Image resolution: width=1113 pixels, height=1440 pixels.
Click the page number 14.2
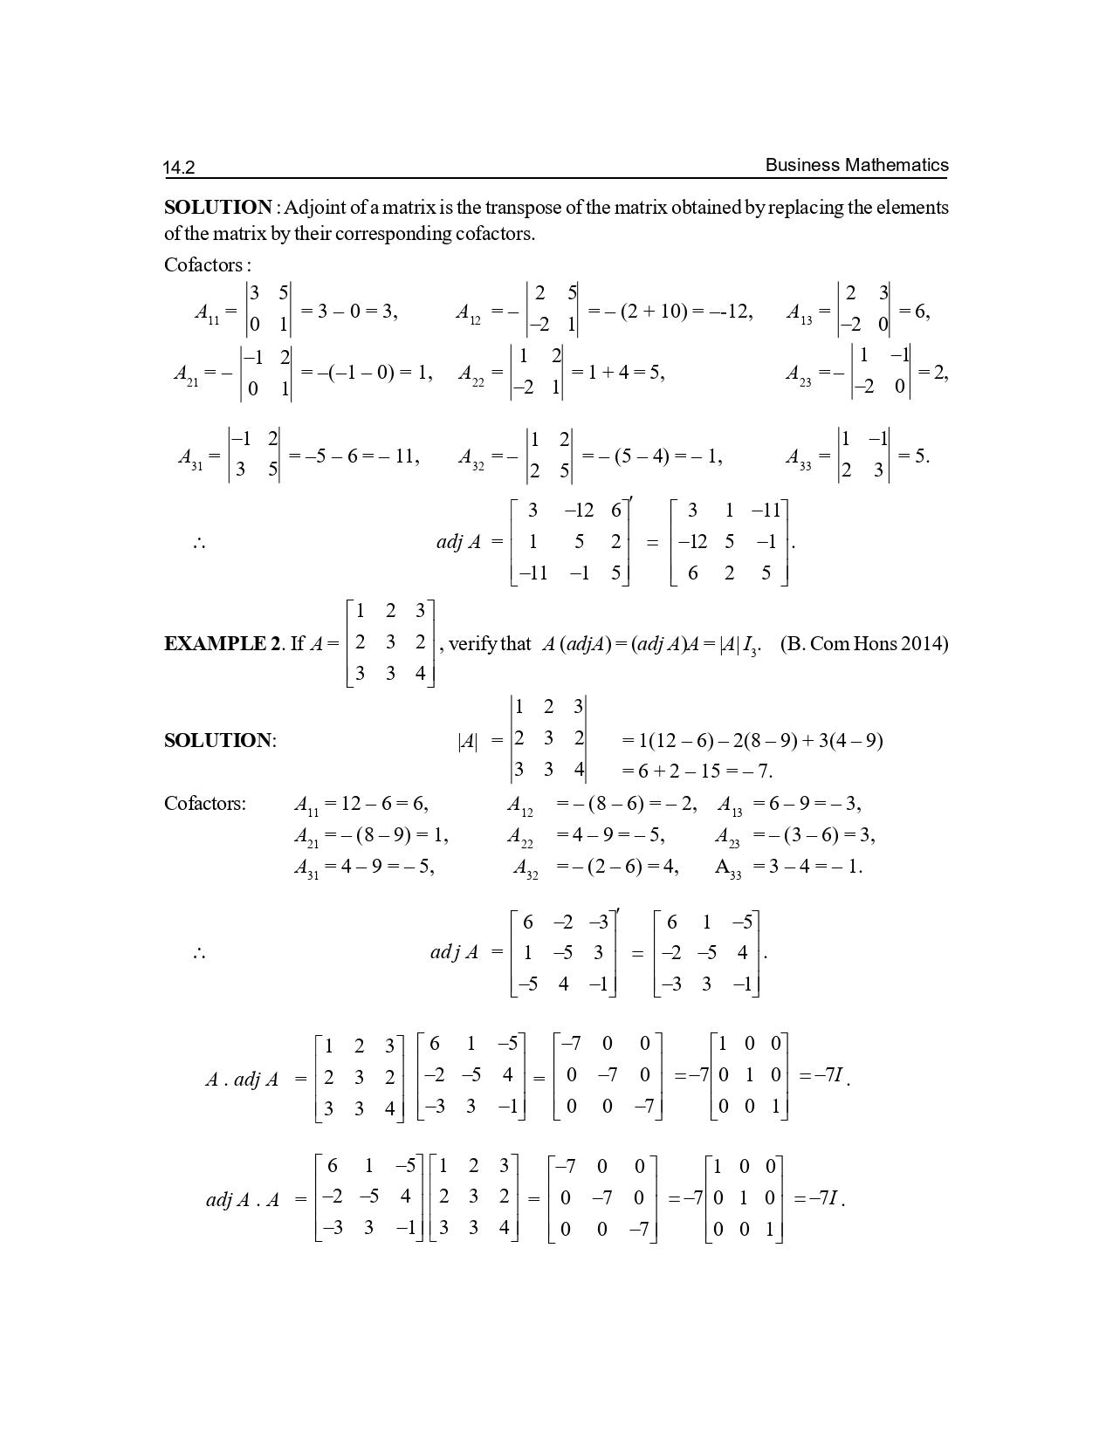point(179,168)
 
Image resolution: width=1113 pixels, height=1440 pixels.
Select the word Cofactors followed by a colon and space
point(206,264)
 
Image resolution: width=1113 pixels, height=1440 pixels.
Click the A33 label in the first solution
point(799,457)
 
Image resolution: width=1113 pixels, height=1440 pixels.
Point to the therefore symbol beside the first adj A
point(199,544)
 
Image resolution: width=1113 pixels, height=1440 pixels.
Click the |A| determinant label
point(468,742)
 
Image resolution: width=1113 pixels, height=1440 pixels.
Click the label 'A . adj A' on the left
point(242,1080)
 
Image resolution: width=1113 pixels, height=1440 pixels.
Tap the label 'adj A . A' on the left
point(242,1200)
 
